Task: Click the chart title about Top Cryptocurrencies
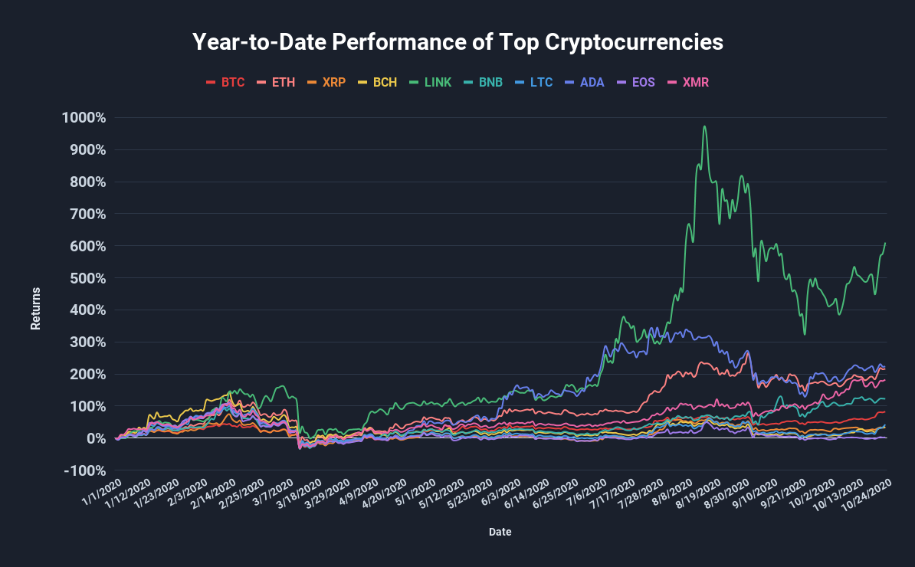(x=457, y=42)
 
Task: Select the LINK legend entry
(x=431, y=82)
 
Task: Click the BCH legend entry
(x=378, y=82)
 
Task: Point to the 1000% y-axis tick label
(x=84, y=118)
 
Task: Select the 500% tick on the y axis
(x=87, y=278)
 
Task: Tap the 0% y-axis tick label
(x=94, y=438)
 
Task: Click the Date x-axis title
(x=500, y=531)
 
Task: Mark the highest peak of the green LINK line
(x=704, y=126)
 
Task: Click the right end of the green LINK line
(x=885, y=244)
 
